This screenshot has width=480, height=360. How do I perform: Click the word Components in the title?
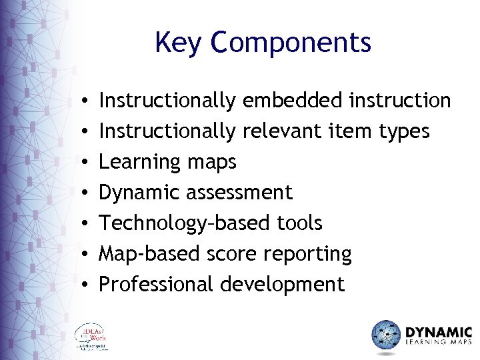click(290, 43)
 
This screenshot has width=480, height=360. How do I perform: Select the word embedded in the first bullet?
click(293, 101)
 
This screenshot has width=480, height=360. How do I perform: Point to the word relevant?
click(281, 131)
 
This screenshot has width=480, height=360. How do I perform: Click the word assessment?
click(239, 193)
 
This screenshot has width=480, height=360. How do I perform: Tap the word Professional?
click(157, 285)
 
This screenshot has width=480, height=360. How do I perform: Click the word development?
click(282, 285)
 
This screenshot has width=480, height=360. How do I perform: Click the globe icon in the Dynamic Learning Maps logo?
click(385, 335)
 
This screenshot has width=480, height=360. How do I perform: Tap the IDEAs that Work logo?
click(92, 337)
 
